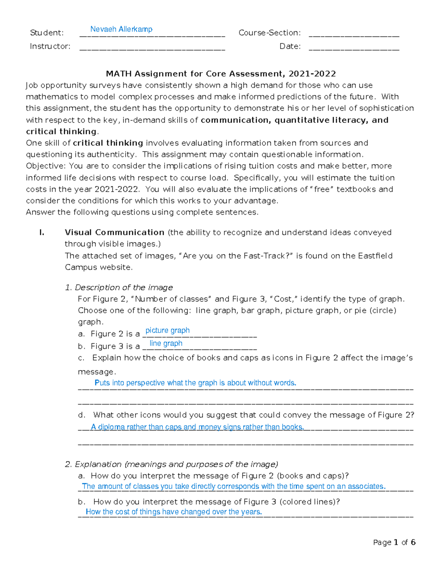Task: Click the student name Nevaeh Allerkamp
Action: coord(121,29)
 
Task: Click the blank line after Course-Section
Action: coord(354,35)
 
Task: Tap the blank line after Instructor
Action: coord(152,48)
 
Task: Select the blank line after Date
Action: coord(354,48)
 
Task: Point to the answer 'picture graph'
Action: coord(168,330)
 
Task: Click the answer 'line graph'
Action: coord(166,343)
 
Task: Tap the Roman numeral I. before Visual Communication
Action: coord(42,232)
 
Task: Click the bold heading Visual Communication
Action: coord(115,232)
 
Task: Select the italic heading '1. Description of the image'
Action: coord(119,287)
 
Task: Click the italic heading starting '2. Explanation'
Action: coord(171,464)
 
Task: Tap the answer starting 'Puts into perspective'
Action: coord(195,383)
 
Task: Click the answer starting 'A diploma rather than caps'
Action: coord(197,427)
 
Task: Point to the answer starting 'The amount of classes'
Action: coord(234,486)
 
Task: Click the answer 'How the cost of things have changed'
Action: coord(173,512)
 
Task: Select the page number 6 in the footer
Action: coord(413,542)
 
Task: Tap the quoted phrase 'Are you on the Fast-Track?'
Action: coord(236,256)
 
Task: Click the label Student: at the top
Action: coord(47,33)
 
